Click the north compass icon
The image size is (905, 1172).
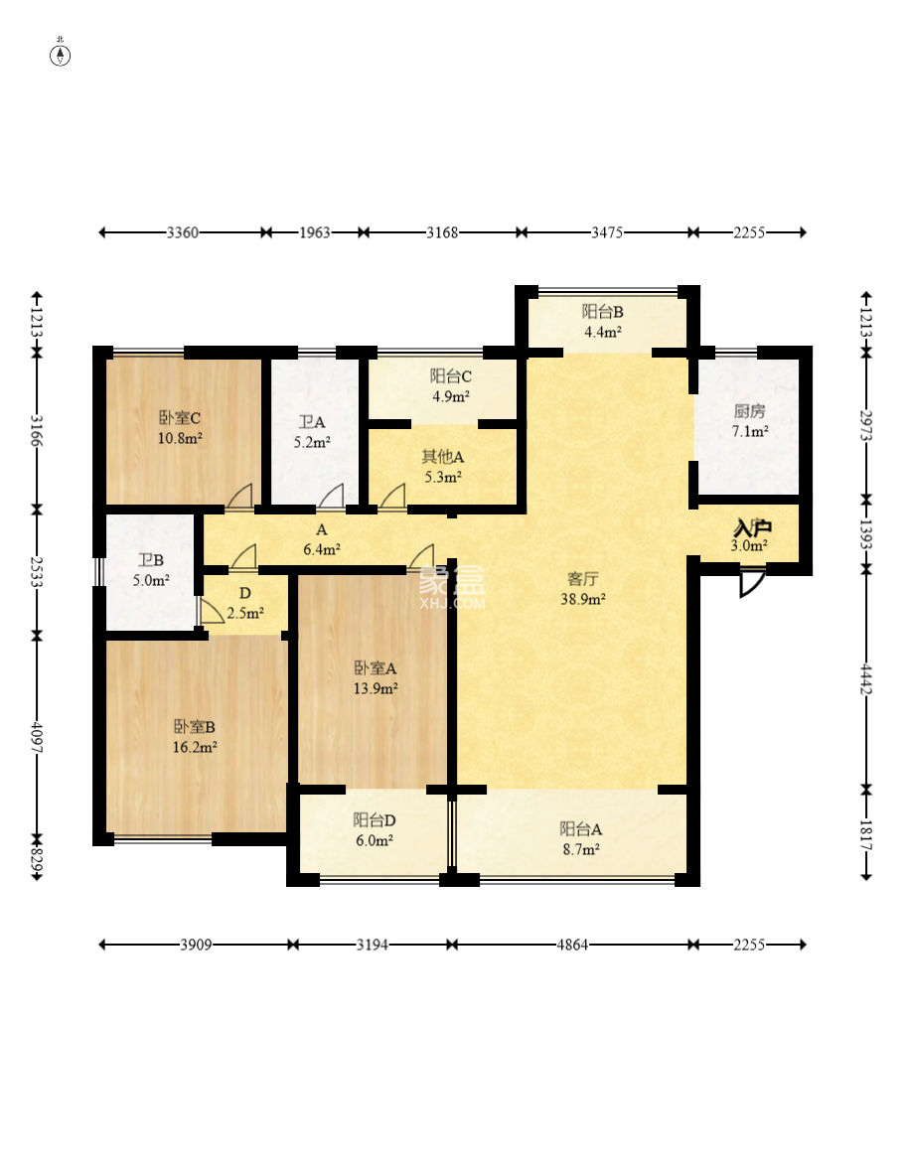61,55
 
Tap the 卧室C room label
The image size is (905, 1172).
180,418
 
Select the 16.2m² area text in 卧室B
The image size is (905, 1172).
195,747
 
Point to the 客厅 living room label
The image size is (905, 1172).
583,578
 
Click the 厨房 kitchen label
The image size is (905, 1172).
750,411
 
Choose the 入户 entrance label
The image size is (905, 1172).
752,528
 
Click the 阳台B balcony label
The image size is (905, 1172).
602,312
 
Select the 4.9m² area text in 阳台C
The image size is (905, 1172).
451,397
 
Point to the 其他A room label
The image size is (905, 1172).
442,457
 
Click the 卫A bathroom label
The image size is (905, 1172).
312,422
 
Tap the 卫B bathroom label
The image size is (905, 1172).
151,560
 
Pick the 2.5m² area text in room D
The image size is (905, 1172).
245,614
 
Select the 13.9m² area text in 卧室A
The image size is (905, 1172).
376,688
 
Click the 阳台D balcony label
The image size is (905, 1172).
375,820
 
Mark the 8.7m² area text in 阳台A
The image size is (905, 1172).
581,849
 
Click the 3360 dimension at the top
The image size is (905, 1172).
183,232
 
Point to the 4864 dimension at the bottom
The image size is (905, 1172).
572,945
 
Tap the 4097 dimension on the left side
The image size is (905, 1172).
36,736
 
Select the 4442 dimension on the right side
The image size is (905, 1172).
866,678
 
